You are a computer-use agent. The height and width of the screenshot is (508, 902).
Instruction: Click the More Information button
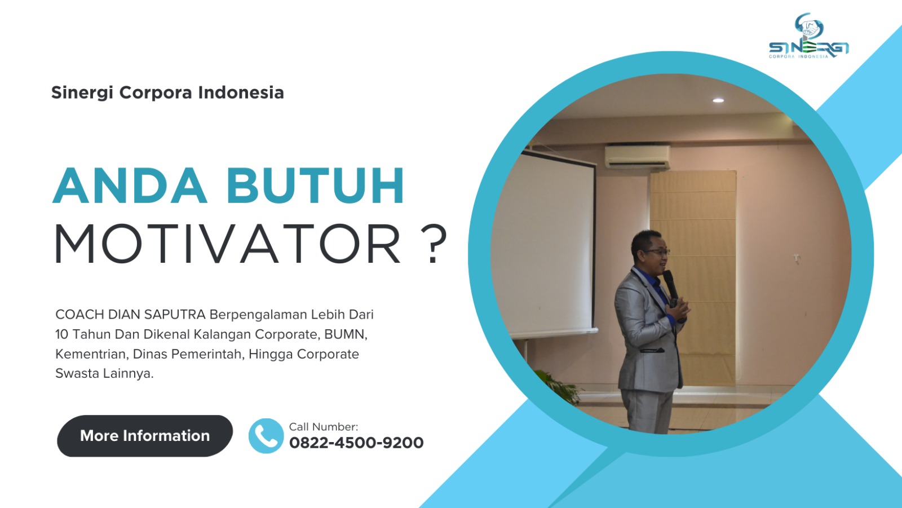pos(144,436)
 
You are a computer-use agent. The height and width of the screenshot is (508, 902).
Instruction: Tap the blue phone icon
pos(266,436)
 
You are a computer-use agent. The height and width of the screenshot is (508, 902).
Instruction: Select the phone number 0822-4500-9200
pos(356,443)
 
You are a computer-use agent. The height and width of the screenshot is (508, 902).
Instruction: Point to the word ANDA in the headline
pos(130,186)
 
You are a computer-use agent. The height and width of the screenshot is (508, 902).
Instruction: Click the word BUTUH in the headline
pos(316,186)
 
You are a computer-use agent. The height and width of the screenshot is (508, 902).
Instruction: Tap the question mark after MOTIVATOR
pos(434,244)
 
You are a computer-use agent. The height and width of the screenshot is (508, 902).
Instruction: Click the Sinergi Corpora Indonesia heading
pos(167,92)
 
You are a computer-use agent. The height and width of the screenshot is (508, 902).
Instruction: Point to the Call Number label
pos(323,427)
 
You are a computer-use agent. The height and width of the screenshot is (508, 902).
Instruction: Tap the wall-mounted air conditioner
pos(637,157)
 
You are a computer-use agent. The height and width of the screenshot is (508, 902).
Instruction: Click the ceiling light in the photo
pos(718,100)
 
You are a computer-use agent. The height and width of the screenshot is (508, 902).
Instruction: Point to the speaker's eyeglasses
pos(657,252)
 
